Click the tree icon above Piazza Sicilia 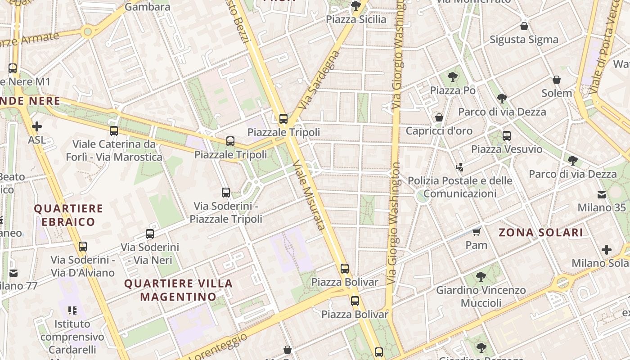click(355, 6)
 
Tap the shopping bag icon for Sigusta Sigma click(524, 26)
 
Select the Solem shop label click(557, 93)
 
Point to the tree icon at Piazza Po click(453, 77)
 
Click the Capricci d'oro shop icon click(439, 117)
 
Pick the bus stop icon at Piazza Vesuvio click(507, 135)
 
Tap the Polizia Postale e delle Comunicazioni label click(459, 187)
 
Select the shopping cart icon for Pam click(476, 232)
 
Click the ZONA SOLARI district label click(541, 233)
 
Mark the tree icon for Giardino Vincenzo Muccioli click(481, 277)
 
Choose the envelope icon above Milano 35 click(602, 194)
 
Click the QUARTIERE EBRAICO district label click(69, 215)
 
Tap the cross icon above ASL click(36, 126)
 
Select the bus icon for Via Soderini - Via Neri click(150, 234)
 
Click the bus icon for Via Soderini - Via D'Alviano click(83, 247)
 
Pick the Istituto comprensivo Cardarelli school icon click(72, 310)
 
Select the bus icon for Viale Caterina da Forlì click(114, 131)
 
